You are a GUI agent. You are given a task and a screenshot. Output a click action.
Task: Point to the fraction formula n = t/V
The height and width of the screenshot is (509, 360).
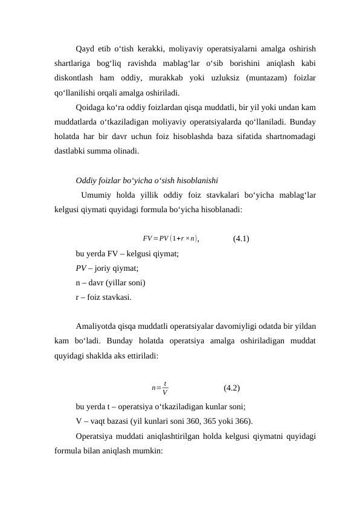[x=159, y=387]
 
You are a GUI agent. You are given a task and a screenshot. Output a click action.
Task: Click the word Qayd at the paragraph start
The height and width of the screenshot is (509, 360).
[x=85, y=49]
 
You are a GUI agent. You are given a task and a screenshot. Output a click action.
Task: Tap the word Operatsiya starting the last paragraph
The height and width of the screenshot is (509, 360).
[x=97, y=436]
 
